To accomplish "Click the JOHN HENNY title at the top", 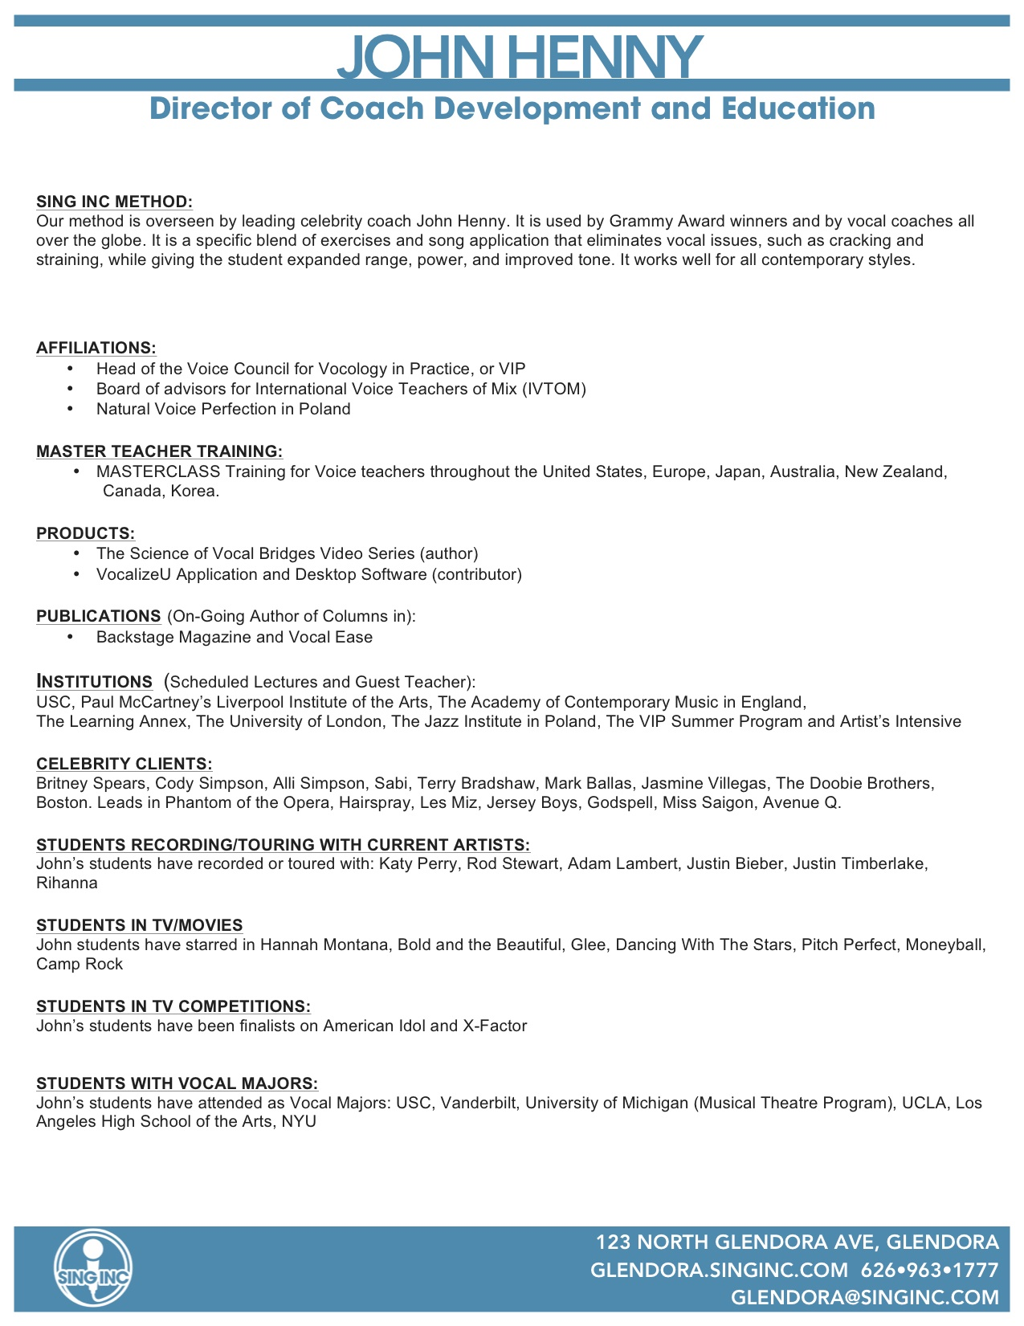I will click(520, 56).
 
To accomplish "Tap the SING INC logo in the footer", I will click(93, 1270).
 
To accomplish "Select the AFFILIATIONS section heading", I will click(96, 348).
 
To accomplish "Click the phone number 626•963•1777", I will click(929, 1271).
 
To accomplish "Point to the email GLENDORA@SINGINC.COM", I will click(865, 1298).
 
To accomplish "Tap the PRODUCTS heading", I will click(85, 533).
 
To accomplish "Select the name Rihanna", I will click(67, 883).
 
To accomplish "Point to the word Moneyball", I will click(945, 945).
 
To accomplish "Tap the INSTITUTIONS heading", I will click(94, 682).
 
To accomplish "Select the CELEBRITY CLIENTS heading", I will click(124, 764).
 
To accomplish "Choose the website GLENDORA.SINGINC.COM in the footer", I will click(719, 1271).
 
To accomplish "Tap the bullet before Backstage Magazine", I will click(71, 637).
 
